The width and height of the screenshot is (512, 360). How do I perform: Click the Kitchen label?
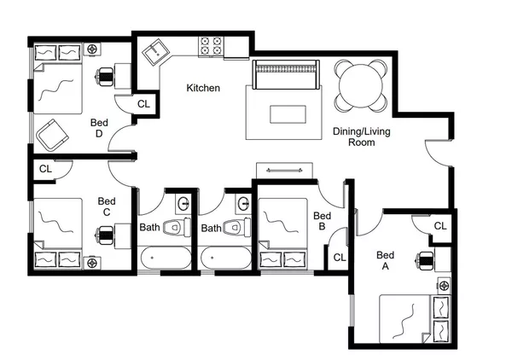(x=203, y=88)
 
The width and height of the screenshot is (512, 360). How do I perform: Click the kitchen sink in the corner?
(x=156, y=53)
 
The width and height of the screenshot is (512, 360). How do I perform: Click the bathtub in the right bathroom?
(x=225, y=257)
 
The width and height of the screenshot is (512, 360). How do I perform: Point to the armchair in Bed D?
(x=52, y=132)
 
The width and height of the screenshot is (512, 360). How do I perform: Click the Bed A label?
(x=386, y=260)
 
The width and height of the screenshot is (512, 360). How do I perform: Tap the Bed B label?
(x=322, y=221)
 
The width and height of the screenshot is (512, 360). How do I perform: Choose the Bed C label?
(x=106, y=206)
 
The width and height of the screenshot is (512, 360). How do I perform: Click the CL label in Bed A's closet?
(x=439, y=226)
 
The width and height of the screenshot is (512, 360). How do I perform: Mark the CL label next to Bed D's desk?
(x=143, y=104)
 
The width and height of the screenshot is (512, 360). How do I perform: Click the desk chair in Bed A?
(x=424, y=260)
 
